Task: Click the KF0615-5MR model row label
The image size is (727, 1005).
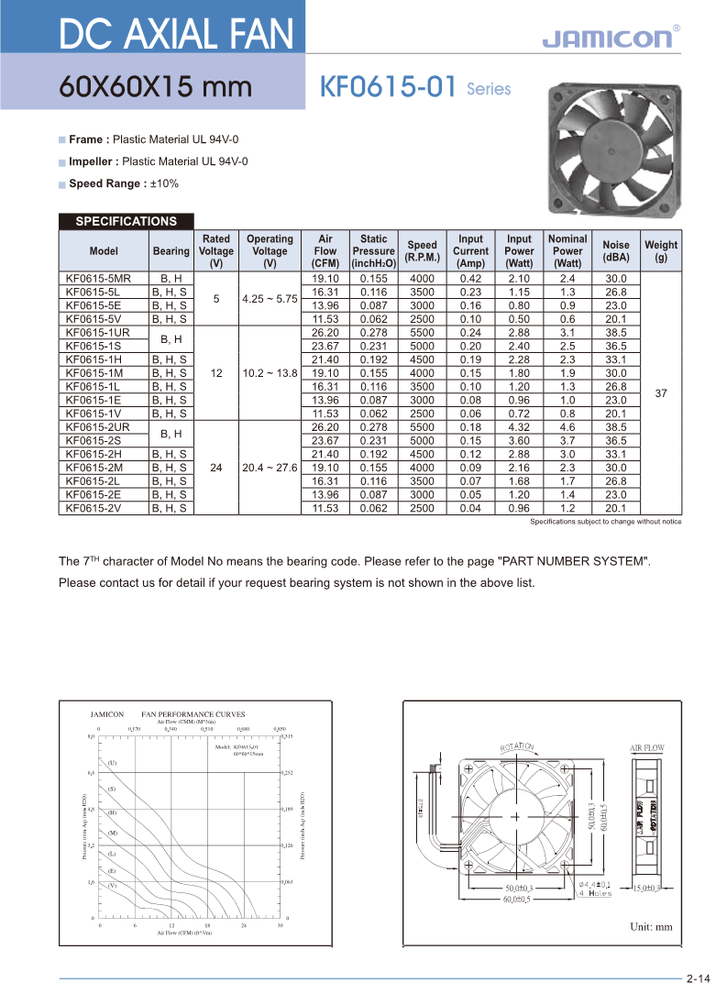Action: (98, 278)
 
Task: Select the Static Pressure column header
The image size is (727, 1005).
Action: (373, 250)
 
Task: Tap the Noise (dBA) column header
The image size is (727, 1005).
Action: (616, 250)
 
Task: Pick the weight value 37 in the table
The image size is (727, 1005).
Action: (661, 392)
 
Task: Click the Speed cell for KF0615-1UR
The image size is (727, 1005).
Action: (422, 332)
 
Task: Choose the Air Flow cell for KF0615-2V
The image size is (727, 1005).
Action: (325, 507)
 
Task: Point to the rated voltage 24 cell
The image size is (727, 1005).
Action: (216, 467)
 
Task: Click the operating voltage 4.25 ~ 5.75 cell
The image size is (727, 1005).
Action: (270, 298)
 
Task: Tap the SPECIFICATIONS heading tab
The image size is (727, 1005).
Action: (126, 221)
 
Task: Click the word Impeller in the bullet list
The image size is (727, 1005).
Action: (92, 161)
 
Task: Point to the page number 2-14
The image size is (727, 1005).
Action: (698, 978)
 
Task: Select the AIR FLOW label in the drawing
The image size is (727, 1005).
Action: (646, 748)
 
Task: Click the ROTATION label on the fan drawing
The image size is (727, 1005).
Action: (517, 747)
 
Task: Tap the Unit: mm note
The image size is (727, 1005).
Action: (651, 926)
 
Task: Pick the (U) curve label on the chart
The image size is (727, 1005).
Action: (112, 763)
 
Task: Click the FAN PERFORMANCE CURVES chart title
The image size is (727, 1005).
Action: (193, 713)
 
